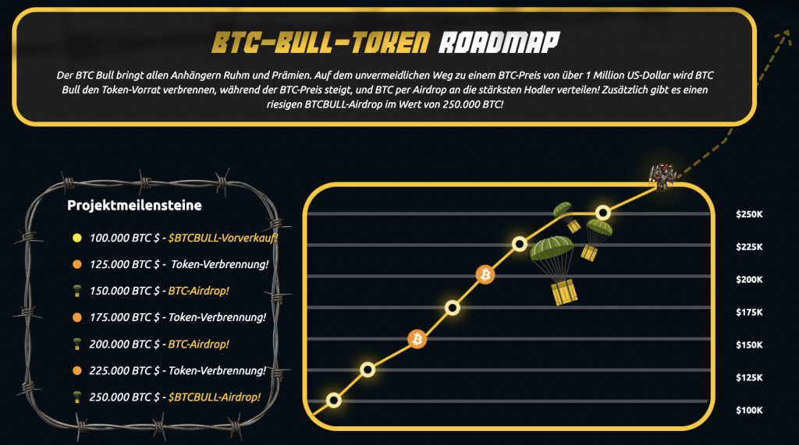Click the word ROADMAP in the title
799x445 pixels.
499,42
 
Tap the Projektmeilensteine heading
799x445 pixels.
134,205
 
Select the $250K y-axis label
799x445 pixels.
749,214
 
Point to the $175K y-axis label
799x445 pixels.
749,312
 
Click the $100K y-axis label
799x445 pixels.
749,410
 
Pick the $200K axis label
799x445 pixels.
749,280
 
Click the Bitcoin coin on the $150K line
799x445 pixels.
417,339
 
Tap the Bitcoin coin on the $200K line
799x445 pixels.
485,275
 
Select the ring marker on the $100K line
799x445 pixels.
334,401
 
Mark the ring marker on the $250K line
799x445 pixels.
603,212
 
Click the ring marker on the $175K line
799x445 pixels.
452,308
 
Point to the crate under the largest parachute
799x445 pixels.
563,293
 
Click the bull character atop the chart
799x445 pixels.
662,177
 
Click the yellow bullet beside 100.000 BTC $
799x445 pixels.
77,238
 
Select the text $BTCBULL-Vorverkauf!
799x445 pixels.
222,238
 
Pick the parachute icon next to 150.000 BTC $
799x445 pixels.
77,291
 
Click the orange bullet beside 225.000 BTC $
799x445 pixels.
77,371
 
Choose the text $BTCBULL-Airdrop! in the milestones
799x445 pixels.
214,397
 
